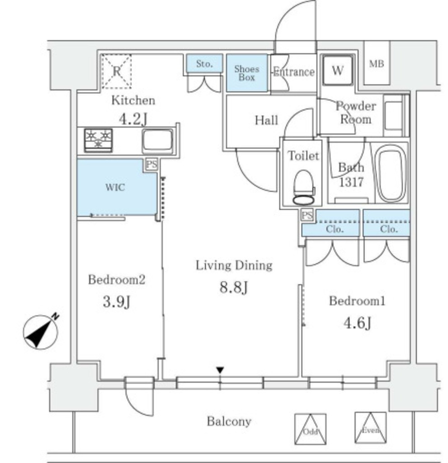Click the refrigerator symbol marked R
pyautogui.click(x=116, y=71)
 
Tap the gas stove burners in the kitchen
pyautogui.click(x=98, y=140)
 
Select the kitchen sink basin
pyautogui.click(x=157, y=141)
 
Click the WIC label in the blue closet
pyautogui.click(x=116, y=188)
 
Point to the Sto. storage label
pyautogui.click(x=204, y=64)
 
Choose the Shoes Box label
pyautogui.click(x=246, y=73)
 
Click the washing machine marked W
pyautogui.click(x=337, y=70)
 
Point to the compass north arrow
pyautogui.click(x=41, y=332)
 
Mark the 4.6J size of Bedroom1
pyautogui.click(x=357, y=323)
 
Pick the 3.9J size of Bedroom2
pyautogui.click(x=117, y=302)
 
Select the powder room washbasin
pyautogui.click(x=394, y=115)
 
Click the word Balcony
pyautogui.click(x=229, y=422)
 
